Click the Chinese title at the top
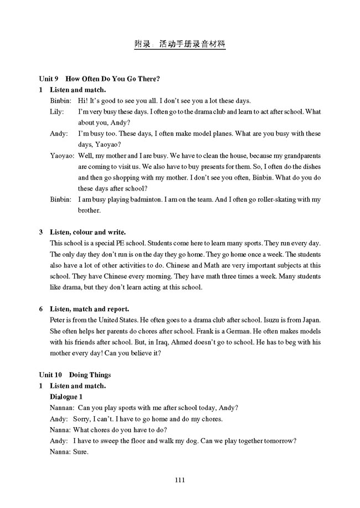pyautogui.click(x=180, y=44)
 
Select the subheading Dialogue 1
pyautogui.click(x=66, y=397)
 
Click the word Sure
pyautogui.click(x=80, y=451)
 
